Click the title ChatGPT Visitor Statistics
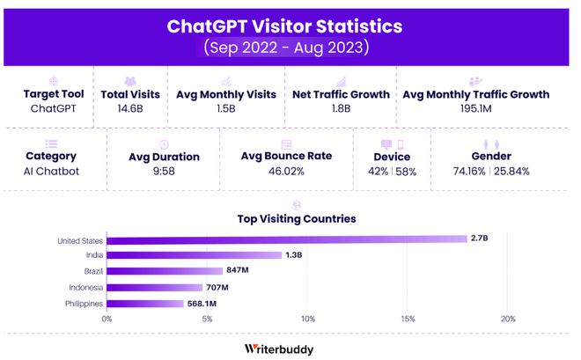(x=284, y=26)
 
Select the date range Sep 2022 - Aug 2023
(x=284, y=47)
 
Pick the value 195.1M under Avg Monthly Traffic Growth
(x=475, y=108)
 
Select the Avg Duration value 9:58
(x=164, y=172)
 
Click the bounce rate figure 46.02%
(x=286, y=171)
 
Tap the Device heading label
(x=392, y=157)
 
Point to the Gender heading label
(x=491, y=157)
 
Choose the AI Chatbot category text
(x=51, y=171)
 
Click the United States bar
(x=286, y=239)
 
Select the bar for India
(x=194, y=255)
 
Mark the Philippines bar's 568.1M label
(x=201, y=304)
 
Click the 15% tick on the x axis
(x=408, y=318)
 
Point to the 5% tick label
(x=208, y=318)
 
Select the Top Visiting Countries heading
(x=297, y=219)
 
